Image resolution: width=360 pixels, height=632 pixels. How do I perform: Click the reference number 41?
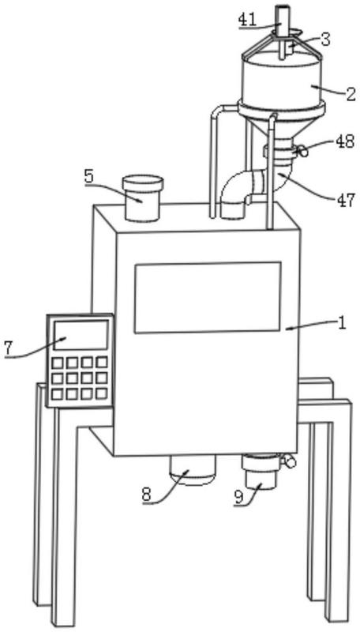coord(248,21)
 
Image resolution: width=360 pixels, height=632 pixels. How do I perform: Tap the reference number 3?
coord(325,39)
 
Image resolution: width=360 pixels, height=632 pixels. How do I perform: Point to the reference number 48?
coord(345,141)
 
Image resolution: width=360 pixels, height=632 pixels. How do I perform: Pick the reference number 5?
coord(90,176)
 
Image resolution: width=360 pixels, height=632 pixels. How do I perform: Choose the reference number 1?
coord(342,324)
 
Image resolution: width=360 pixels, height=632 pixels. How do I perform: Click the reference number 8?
coord(148,495)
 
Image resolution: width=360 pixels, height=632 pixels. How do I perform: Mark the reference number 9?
coord(238,498)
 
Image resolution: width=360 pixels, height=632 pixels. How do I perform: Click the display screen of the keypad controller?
coord(81,335)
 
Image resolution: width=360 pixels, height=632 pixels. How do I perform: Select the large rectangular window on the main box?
coord(208,298)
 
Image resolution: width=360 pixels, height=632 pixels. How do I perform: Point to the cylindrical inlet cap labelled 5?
coord(143,197)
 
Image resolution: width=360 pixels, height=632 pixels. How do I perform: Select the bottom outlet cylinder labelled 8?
coord(192,470)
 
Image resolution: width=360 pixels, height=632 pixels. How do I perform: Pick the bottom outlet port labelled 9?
coord(261,472)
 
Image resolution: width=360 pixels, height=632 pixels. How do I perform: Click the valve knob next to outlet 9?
coord(290,461)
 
